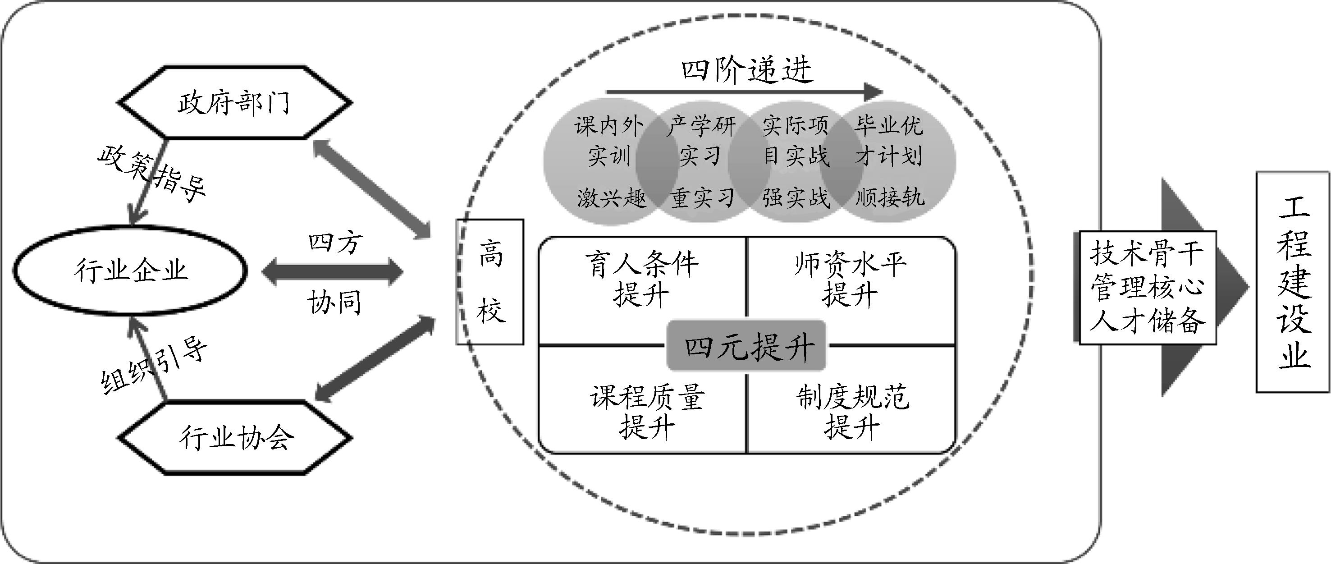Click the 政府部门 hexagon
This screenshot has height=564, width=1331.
click(235, 102)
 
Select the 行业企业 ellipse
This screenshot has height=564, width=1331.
click(130, 271)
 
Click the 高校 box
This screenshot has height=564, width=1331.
click(490, 282)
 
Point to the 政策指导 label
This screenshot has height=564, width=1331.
click(152, 173)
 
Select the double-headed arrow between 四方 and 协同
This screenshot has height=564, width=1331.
click(332, 272)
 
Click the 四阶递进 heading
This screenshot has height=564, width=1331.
click(746, 70)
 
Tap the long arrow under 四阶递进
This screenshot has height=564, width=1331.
click(744, 92)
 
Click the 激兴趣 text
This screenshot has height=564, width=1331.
click(611, 198)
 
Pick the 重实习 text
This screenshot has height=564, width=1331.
click(703, 198)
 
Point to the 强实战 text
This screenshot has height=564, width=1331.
click(796, 198)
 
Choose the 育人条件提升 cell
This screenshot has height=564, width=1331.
click(642, 279)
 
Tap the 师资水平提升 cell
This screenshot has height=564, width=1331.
click(851, 279)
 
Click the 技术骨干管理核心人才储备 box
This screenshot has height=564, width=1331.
click(1147, 288)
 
